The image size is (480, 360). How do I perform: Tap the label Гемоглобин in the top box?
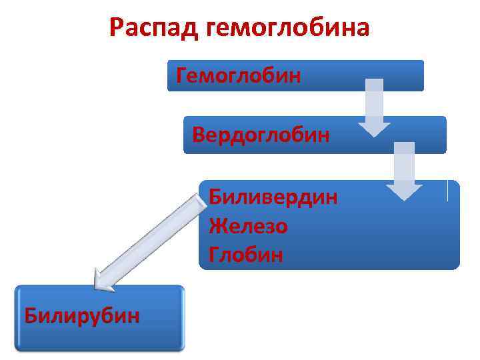pos(239,75)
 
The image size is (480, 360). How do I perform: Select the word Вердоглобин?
pos(261,135)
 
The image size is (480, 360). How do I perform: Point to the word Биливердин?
pos(273,197)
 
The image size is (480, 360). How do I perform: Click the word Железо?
pos(248,227)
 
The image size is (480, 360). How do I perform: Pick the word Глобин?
pos(245,255)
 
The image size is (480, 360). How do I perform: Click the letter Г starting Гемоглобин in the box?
pos(181,75)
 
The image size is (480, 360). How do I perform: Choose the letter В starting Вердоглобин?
pos(198,135)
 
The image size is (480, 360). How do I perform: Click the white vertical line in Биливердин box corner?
pos(447,191)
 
